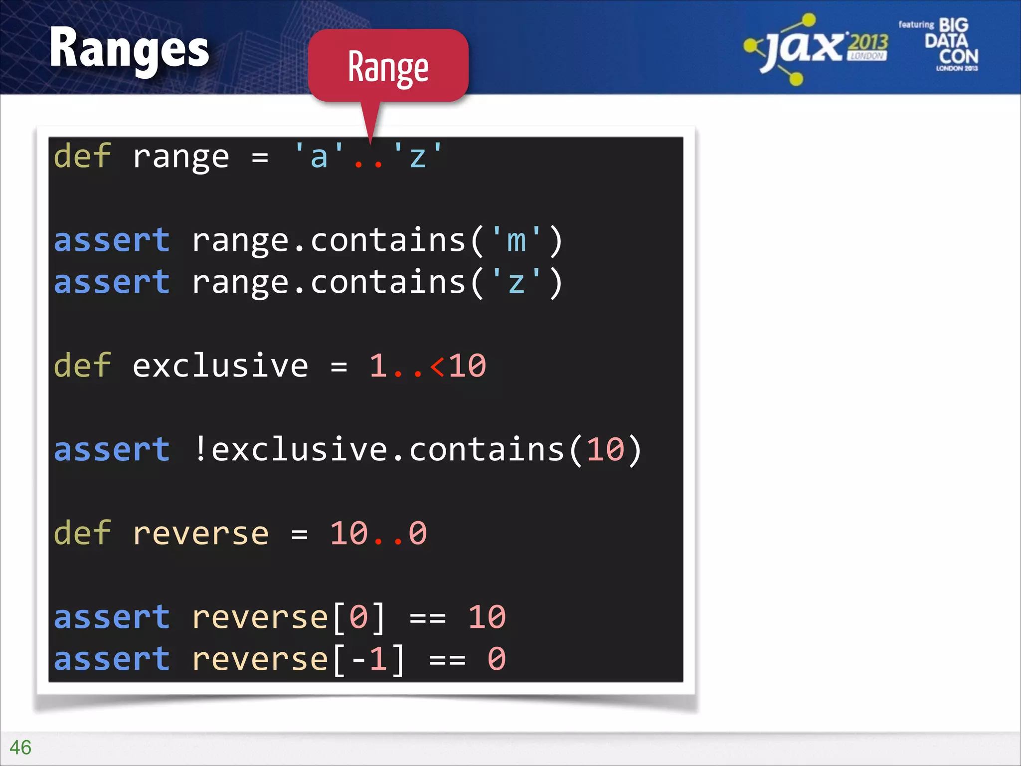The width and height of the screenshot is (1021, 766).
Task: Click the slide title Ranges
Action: coord(129,49)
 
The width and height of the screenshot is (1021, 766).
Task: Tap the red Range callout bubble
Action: coord(388,66)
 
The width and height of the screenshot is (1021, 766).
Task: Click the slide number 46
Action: coord(20,748)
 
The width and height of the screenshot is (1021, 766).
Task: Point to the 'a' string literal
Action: coord(319,157)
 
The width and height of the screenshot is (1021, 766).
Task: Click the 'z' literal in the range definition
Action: coord(418,157)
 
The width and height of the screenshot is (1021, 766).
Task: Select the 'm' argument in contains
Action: coord(516,240)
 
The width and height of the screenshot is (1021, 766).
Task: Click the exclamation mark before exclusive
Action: coord(200,449)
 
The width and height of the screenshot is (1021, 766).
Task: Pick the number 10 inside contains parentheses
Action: coord(605,449)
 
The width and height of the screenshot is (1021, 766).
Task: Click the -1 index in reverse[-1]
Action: coord(369,659)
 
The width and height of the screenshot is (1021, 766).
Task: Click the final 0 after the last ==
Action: coord(497,659)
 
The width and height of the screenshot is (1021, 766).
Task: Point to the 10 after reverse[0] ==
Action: coord(487,617)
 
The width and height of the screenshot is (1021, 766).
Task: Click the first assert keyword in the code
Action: coord(112,240)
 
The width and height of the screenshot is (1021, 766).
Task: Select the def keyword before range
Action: coord(82,157)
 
